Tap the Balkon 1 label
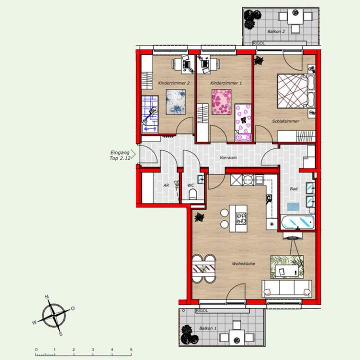tap(208, 328)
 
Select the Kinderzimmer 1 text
tap(223, 83)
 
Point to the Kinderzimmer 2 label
tap(173, 83)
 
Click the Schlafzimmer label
tap(285, 121)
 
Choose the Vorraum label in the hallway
tap(228, 158)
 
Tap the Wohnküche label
tap(243, 263)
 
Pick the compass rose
tap(53, 315)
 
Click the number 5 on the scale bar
tap(131, 349)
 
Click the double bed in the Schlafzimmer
tap(292, 90)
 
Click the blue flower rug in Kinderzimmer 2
tap(175, 102)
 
